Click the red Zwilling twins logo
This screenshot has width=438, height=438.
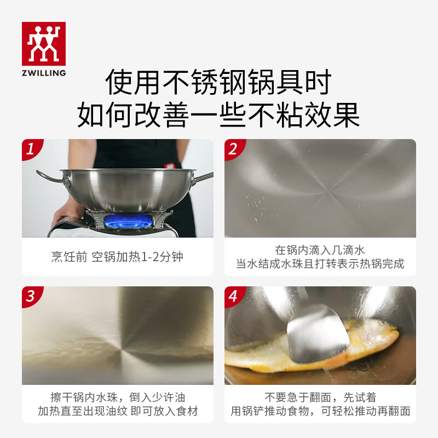pos(43,44)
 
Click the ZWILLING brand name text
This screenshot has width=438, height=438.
pos(43,73)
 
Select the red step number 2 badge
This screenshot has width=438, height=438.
pos(234,149)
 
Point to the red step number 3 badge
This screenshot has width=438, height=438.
pos(32,296)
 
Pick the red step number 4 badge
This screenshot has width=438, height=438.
pos(234,296)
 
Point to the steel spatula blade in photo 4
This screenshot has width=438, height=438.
pos(318,331)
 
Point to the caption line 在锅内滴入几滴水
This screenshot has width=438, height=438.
pos(320,250)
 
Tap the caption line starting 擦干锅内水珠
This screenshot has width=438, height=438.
pos(117,397)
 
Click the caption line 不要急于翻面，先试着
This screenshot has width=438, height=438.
pos(320,397)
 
